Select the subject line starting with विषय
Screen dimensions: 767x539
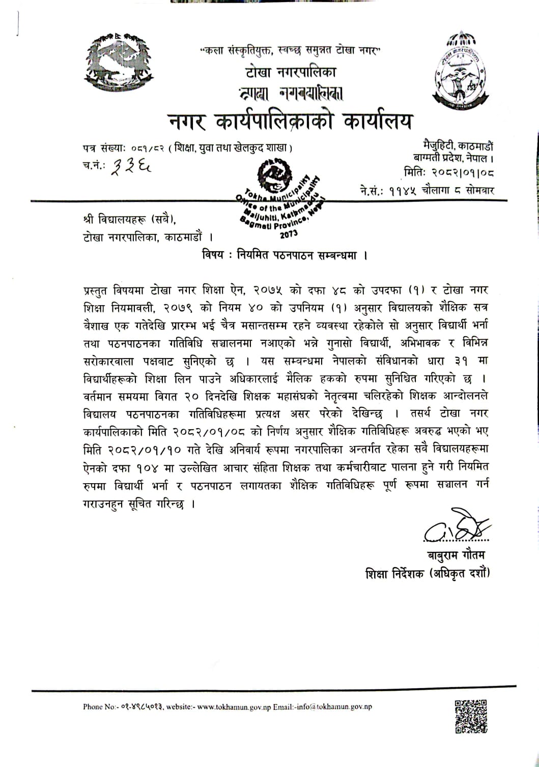click(285, 255)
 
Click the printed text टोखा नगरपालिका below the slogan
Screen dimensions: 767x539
click(291, 72)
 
